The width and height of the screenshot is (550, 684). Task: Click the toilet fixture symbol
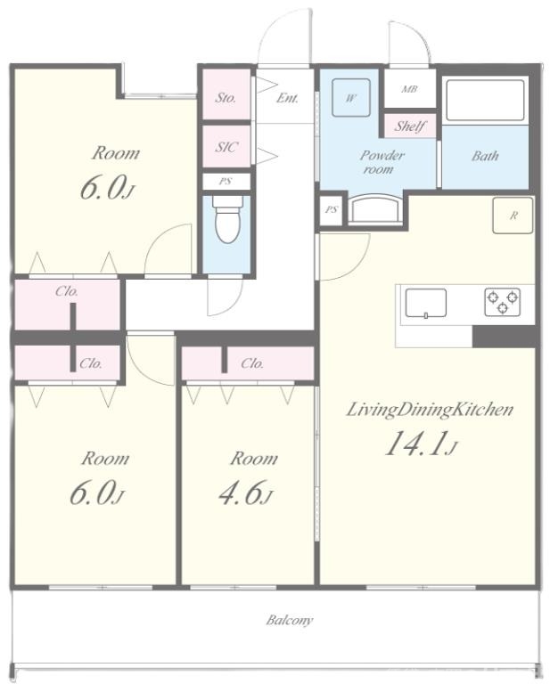click(x=227, y=219)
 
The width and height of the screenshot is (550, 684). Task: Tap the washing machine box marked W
click(x=351, y=97)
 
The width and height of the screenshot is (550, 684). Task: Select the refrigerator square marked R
click(x=513, y=215)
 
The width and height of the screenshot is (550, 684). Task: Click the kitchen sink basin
click(x=425, y=303)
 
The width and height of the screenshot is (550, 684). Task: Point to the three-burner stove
click(x=502, y=302)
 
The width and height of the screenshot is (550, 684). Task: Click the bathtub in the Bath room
click(x=485, y=100)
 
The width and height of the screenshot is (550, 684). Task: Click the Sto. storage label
click(x=226, y=98)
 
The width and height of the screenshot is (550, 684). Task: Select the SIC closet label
click(x=226, y=147)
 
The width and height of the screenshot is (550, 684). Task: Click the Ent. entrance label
click(x=287, y=98)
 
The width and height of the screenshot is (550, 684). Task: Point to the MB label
click(x=409, y=89)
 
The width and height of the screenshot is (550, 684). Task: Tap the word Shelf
click(x=410, y=126)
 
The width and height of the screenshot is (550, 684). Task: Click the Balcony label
click(x=290, y=620)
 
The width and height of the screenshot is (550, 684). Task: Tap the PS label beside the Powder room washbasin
click(x=332, y=210)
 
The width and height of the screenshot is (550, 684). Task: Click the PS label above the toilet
click(x=226, y=182)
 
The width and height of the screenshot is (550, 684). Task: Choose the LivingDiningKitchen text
click(x=430, y=410)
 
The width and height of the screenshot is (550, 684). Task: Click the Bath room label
click(x=485, y=156)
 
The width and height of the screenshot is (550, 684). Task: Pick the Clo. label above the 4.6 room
click(x=252, y=363)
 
